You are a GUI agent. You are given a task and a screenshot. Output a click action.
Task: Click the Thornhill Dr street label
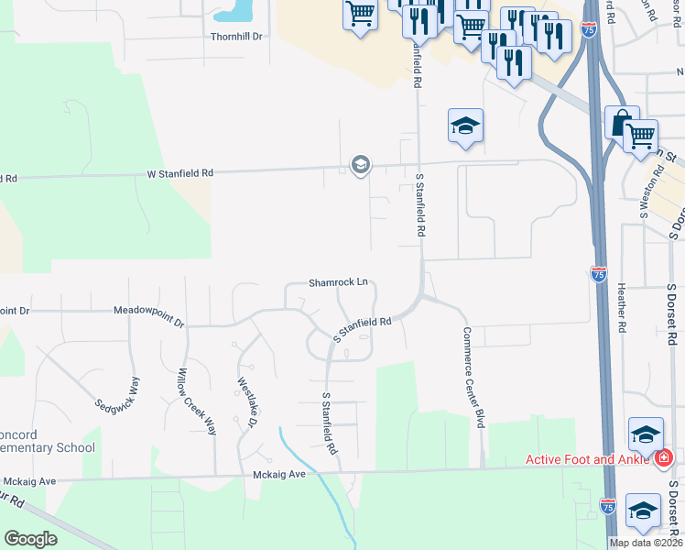coord(237,37)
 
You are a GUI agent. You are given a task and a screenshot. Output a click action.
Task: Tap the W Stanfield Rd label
coord(180,172)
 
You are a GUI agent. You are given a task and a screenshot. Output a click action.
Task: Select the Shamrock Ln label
coord(338,282)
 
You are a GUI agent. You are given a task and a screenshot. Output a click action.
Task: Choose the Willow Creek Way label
coord(196,401)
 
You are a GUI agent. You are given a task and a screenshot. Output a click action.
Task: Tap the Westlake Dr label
coord(245,403)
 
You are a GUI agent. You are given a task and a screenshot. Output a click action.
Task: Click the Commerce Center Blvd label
coord(473,378)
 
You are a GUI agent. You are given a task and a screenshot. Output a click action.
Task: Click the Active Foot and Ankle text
coord(585,459)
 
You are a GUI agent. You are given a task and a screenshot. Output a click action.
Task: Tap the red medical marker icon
coord(664,456)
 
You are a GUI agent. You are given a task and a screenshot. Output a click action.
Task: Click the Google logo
coord(30,539)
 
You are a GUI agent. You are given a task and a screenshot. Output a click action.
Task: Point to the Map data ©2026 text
coord(645,543)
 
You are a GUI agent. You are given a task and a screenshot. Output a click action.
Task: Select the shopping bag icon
coord(622,123)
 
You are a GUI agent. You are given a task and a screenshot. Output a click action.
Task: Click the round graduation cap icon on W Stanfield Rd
coord(359,165)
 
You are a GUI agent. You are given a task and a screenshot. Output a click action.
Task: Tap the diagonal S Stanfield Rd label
coord(362,330)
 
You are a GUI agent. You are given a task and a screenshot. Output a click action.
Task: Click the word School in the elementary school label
coord(71,447)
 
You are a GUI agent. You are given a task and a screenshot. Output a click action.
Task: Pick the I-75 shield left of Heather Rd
coord(598,274)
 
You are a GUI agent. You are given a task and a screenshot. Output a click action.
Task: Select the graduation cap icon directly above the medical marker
coord(646,434)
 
